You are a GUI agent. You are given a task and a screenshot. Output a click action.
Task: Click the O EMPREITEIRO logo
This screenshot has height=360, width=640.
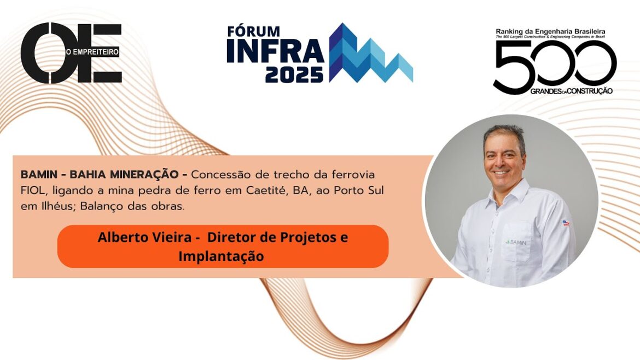[71, 53]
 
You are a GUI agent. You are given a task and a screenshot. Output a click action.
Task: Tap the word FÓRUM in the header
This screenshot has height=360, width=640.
[253, 31]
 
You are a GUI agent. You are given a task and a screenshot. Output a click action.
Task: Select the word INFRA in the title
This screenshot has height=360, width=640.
[275, 51]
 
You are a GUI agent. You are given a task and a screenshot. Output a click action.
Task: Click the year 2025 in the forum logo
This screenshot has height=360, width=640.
[294, 75]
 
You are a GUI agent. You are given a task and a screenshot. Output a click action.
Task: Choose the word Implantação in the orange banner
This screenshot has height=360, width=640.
[221, 256]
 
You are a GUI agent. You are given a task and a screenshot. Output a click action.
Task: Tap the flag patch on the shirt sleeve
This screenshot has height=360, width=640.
[566, 223]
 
